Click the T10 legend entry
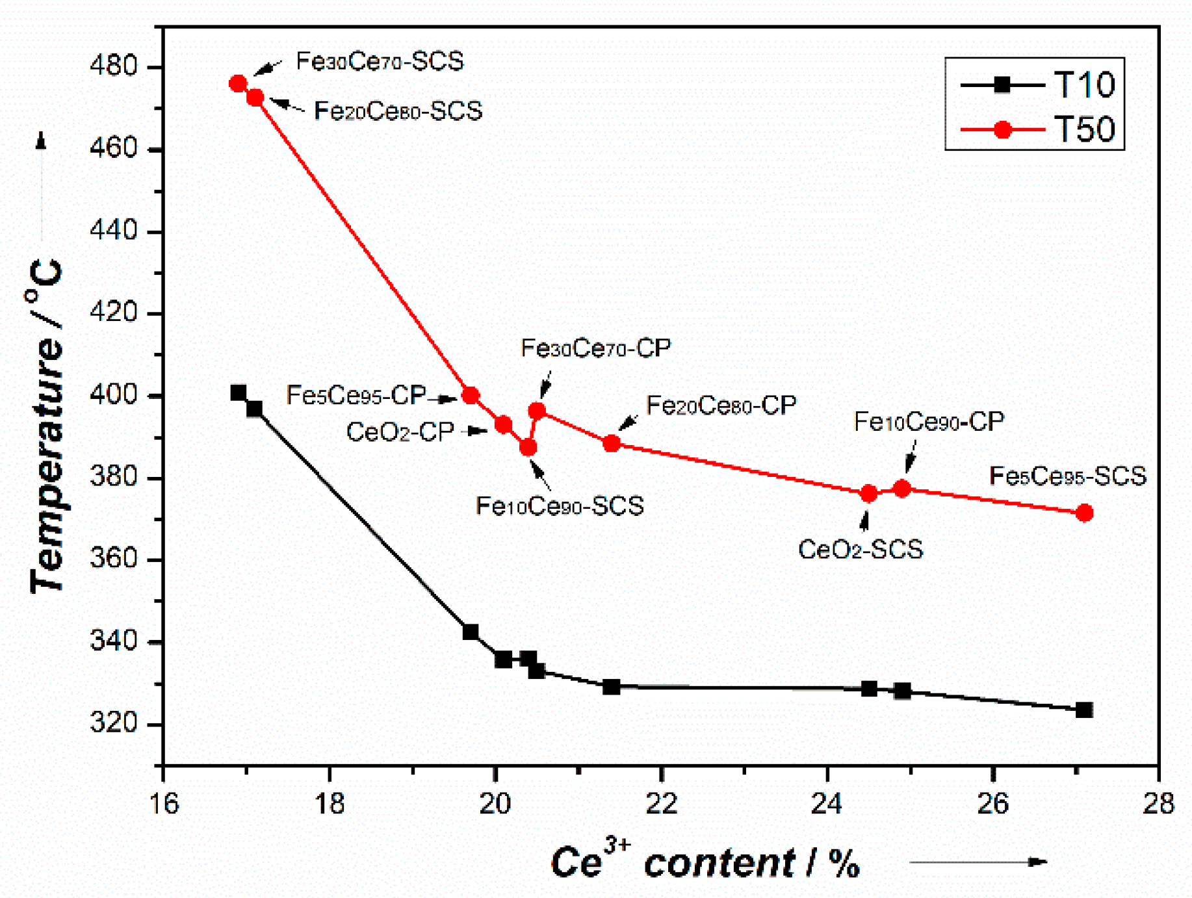[x=1037, y=84]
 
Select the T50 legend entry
[x=1037, y=129]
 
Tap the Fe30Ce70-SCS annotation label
[x=380, y=62]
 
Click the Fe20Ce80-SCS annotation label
[x=398, y=111]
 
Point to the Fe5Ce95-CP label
[x=356, y=395]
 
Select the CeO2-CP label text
[x=400, y=432]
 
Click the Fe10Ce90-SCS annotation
[x=560, y=506]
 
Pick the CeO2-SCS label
[x=860, y=550]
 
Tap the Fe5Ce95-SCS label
[x=1067, y=476]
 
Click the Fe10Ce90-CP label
[x=928, y=422]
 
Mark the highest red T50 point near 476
[x=238, y=84]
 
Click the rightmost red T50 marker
[x=1083, y=513]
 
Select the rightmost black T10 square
[x=1083, y=710]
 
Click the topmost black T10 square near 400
[x=238, y=393]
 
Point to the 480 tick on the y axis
[x=114, y=66]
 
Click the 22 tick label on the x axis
[x=661, y=804]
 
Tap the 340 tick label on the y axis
[x=114, y=641]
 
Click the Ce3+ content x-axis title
[x=705, y=863]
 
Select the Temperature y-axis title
[x=47, y=426]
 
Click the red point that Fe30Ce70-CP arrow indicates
[x=537, y=411]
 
